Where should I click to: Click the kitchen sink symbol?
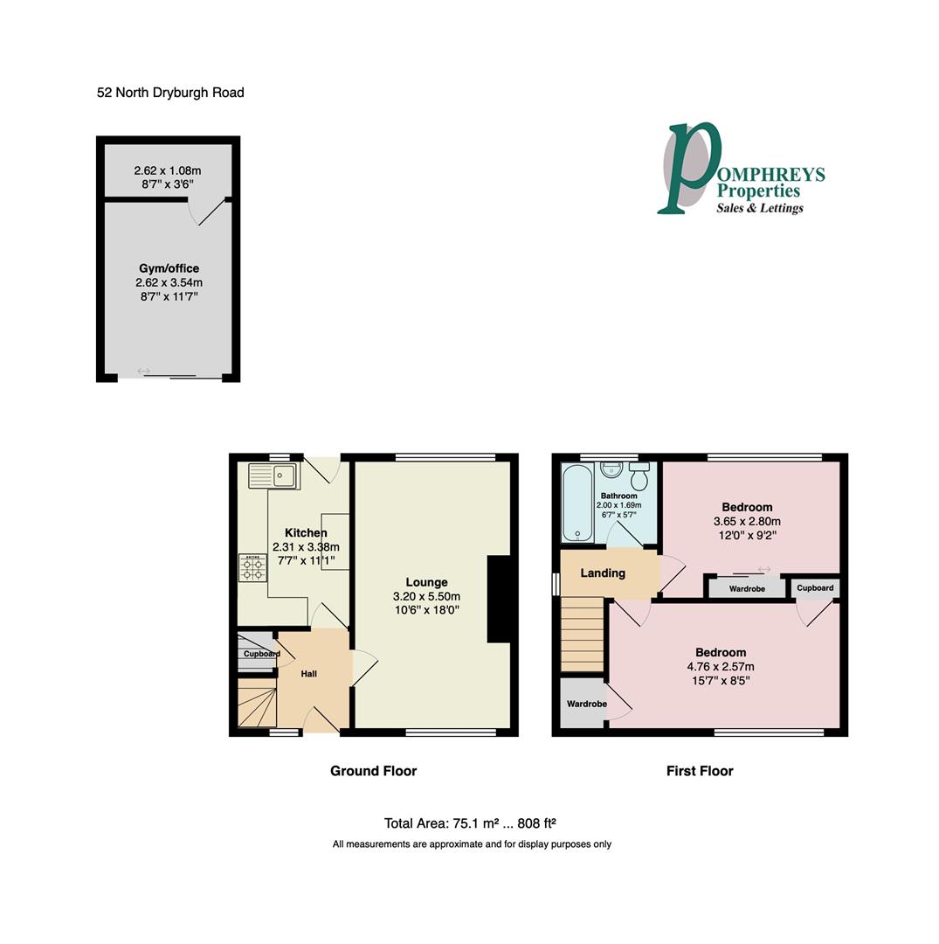pos(273,476)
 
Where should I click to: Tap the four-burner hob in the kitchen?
pos(252,568)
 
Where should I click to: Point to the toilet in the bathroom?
pos(639,476)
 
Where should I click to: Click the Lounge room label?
pos(426,582)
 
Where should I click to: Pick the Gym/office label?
pos(169,268)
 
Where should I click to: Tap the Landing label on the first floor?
pos(603,573)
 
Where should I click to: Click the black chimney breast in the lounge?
pos(498,600)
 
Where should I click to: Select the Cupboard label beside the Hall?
pos(260,654)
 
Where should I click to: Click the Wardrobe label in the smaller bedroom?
pos(747,589)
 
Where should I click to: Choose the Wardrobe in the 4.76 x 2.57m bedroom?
pos(586,704)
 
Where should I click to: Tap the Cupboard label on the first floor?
pos(815,588)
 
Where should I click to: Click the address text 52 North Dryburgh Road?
pos(170,93)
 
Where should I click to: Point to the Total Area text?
pos(470,823)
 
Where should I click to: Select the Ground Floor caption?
pos(373,771)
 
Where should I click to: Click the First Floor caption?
pos(700,771)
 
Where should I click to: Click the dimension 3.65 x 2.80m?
pos(747,522)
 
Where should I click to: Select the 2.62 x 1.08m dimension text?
pos(169,171)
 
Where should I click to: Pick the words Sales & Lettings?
pos(759,208)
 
